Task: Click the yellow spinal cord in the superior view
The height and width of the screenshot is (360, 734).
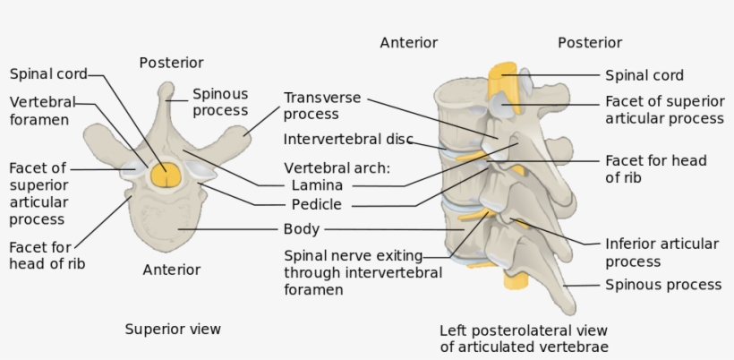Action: point(163,174)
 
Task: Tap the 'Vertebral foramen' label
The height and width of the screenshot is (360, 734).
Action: point(42,111)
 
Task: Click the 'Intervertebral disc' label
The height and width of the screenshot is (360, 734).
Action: point(347,140)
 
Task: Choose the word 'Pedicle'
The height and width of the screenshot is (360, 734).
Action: point(317,205)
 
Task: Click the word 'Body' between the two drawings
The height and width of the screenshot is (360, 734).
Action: point(301,229)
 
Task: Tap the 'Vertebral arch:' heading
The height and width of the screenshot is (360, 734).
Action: point(337,167)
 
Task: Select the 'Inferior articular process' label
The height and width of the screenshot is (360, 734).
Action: point(661,253)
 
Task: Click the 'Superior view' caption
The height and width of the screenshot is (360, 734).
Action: point(173,329)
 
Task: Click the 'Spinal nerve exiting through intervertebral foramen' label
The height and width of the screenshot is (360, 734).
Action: point(363,272)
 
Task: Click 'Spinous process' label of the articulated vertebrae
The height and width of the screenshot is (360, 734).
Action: point(663,285)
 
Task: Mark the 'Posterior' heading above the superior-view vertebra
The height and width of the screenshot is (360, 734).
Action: point(171,63)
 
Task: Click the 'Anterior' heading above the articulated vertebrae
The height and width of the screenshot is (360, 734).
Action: point(408,42)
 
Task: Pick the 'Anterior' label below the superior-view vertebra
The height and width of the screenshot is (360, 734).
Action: point(171,269)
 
